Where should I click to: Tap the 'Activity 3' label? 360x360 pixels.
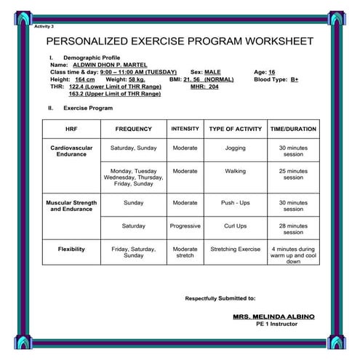click(x=44, y=25)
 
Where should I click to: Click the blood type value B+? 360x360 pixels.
click(x=293, y=79)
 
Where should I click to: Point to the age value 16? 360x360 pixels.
click(x=271, y=73)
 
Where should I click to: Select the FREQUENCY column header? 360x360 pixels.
click(x=134, y=129)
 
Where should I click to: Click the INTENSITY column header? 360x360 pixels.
click(x=185, y=129)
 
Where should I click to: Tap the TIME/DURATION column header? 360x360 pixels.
click(x=293, y=129)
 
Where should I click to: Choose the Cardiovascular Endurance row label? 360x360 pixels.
click(x=71, y=151)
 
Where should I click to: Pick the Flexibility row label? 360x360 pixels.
click(x=71, y=249)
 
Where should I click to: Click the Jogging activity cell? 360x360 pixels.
click(x=235, y=148)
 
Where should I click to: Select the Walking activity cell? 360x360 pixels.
click(x=235, y=172)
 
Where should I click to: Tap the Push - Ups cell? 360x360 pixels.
click(x=235, y=203)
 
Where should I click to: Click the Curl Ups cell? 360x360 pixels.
click(x=235, y=226)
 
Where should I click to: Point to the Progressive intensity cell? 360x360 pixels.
click(x=185, y=226)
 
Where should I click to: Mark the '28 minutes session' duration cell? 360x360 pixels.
click(x=293, y=229)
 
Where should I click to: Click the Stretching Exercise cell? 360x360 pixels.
click(x=235, y=249)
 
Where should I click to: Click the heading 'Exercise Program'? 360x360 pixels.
click(x=87, y=108)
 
